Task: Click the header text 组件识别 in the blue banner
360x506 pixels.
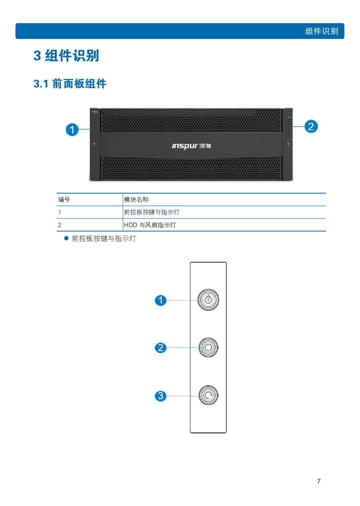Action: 321,31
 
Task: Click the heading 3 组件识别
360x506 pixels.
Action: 66,56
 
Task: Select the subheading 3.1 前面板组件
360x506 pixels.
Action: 70,84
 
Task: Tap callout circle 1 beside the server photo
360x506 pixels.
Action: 72,129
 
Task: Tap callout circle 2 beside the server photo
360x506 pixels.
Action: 311,126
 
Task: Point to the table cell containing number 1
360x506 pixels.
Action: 60,212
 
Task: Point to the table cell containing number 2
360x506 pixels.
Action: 60,225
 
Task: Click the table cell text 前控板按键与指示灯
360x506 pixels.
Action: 152,212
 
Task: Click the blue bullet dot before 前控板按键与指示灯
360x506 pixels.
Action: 66,238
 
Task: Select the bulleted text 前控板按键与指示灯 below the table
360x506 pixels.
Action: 104,238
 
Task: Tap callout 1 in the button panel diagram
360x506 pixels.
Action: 161,300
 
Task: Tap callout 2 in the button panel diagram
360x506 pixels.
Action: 161,348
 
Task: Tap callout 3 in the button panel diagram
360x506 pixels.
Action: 161,396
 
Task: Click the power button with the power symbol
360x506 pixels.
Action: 208,300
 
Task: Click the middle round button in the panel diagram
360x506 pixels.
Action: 208,347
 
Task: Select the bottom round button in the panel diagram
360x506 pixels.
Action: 208,395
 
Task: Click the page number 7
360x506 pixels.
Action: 318,481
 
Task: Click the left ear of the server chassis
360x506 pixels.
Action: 95,145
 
